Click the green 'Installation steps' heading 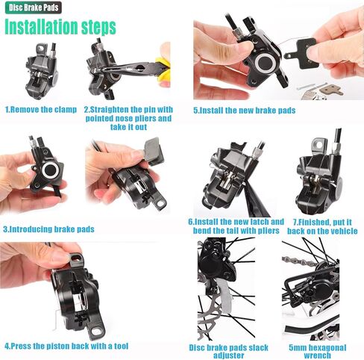[x=60, y=28]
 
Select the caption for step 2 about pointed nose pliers [x=128, y=118]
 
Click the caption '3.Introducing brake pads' [x=49, y=229]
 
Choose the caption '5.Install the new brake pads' [x=244, y=111]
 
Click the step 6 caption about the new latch [x=236, y=226]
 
